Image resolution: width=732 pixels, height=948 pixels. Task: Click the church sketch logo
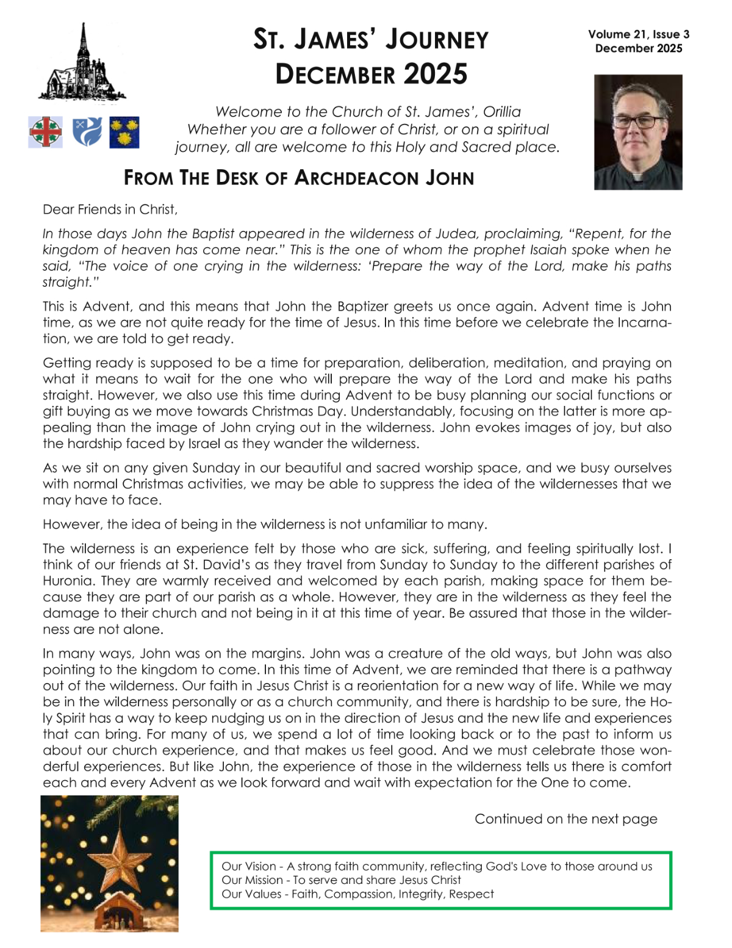[82, 65]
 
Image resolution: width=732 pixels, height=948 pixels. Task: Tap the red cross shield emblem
[45, 132]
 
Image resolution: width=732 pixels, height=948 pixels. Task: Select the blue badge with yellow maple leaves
[124, 132]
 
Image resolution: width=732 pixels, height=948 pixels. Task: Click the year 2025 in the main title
[435, 74]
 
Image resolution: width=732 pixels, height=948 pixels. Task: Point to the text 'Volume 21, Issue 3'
[638, 34]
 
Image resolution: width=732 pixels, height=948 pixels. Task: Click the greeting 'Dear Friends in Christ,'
[110, 209]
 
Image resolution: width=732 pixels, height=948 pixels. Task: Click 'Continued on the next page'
[565, 819]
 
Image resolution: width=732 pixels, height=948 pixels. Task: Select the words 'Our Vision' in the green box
[249, 866]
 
